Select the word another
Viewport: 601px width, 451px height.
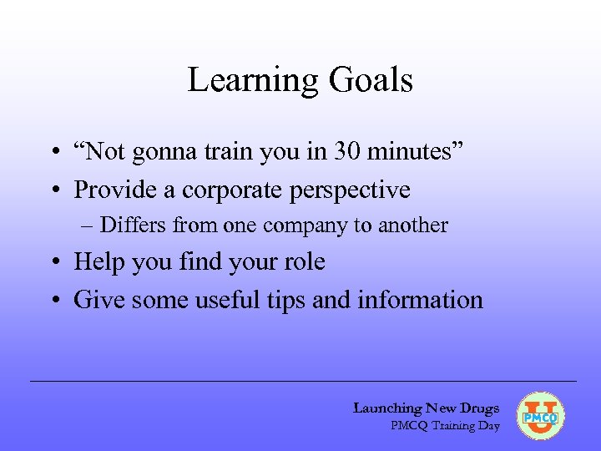pos(415,225)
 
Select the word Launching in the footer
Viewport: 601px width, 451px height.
pos(387,408)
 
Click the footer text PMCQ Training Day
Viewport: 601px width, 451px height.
pos(445,426)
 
